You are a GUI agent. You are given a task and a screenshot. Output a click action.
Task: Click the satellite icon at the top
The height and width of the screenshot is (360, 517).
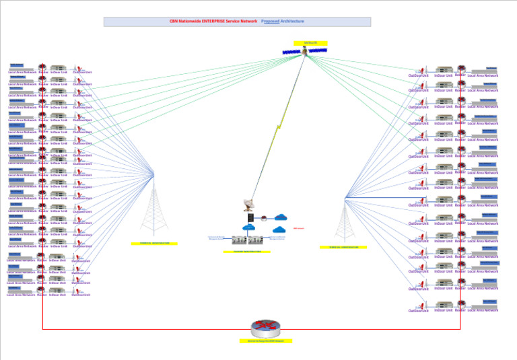coord(305,51)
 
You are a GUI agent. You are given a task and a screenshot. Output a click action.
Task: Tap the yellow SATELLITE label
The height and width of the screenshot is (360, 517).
coord(310,43)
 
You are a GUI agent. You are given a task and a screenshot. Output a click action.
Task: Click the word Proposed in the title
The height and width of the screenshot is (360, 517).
coord(270,22)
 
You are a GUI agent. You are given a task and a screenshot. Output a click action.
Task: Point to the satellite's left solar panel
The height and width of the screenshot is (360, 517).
coord(291,52)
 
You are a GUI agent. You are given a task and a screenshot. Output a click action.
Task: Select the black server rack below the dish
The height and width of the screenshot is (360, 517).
coord(250,217)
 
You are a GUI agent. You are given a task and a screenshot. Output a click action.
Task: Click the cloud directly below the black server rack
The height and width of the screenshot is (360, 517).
coord(250,227)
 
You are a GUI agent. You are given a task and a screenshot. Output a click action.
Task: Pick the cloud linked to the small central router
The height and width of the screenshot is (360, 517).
coord(281,217)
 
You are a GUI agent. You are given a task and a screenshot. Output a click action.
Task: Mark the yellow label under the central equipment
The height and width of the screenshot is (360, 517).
coord(247,252)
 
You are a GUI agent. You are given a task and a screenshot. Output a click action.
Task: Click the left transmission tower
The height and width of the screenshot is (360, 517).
coord(154,209)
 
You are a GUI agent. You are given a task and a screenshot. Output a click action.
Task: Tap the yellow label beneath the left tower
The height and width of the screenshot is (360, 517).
coord(154,244)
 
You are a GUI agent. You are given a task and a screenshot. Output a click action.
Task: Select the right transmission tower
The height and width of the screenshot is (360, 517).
coord(345,219)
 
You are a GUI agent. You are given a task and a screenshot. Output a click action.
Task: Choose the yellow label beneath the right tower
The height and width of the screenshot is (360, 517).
coord(343,247)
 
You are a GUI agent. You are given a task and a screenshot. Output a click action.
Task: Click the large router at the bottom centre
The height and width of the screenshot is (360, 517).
coord(265,328)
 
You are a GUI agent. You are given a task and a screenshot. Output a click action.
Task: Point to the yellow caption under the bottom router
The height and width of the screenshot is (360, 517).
coord(265,341)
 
